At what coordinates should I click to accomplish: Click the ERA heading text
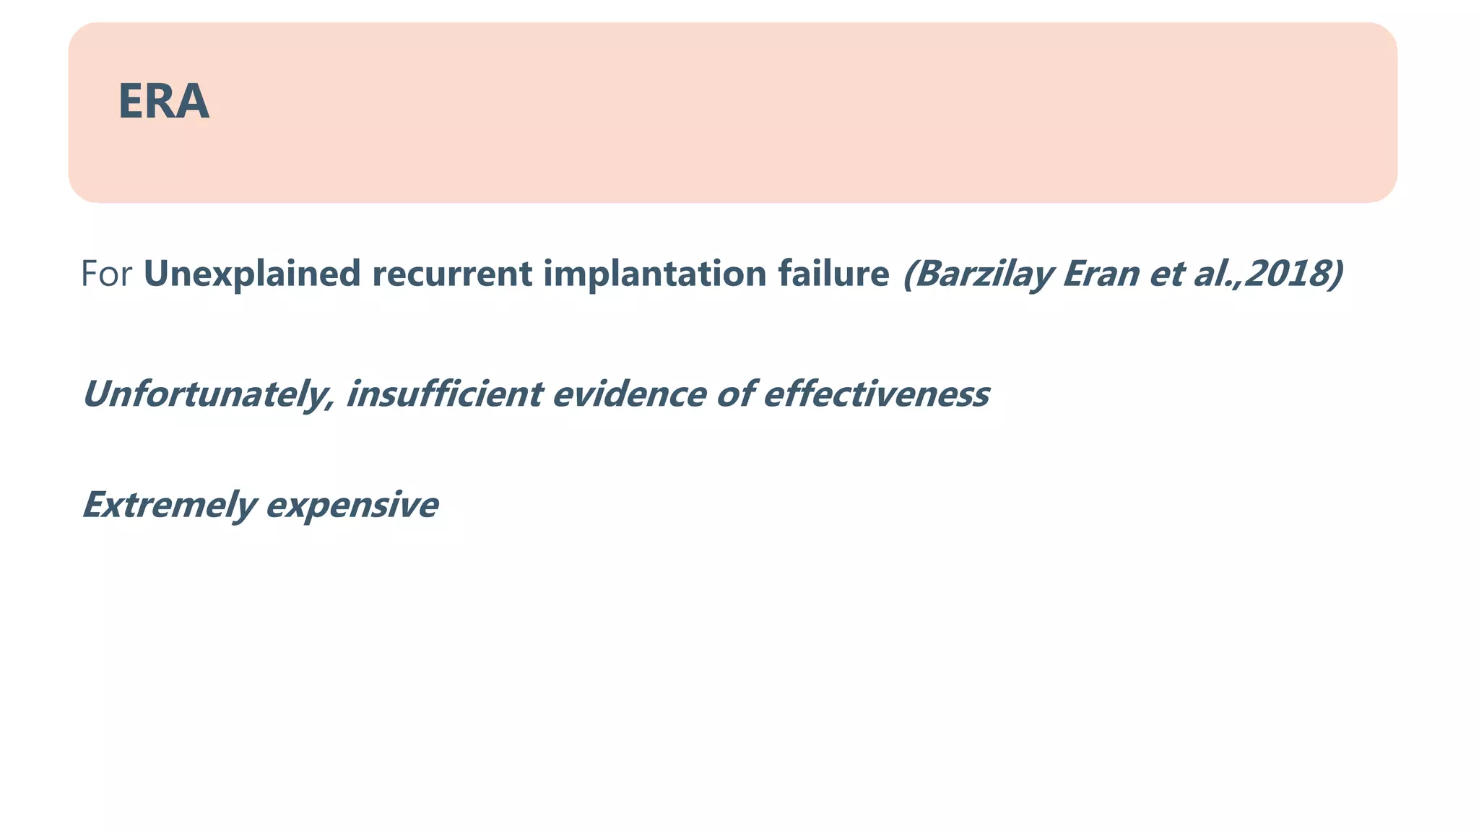(163, 102)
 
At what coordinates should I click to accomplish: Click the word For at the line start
(106, 274)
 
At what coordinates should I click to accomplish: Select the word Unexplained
(252, 274)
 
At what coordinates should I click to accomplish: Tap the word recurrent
(451, 274)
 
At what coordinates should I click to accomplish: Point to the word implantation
(654, 274)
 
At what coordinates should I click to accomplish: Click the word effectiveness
(875, 394)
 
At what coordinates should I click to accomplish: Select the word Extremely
(169, 504)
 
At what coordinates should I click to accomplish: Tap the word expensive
(352, 504)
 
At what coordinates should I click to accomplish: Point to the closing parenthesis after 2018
(1336, 274)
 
